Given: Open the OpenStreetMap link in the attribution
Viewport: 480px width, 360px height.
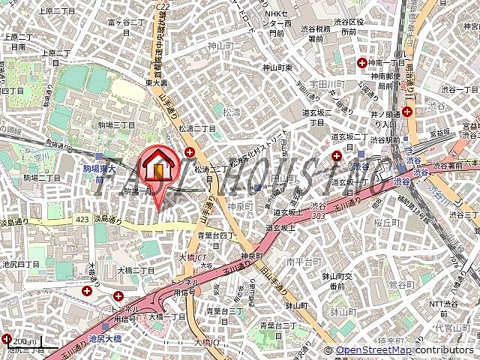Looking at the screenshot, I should click(x=372, y=350).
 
